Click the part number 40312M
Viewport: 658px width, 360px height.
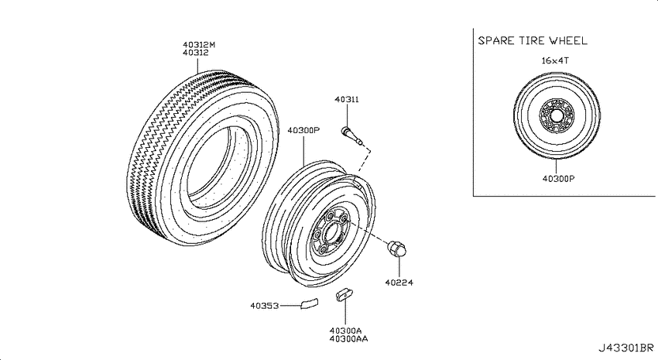coord(199,44)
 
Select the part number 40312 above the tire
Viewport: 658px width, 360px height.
coord(196,53)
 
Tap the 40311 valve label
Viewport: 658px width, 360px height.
coord(347,99)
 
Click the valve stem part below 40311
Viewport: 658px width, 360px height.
coord(352,136)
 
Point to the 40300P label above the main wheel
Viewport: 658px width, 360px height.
coord(303,131)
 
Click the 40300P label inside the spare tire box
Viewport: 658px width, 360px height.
coord(559,179)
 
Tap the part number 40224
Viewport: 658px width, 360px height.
coord(399,283)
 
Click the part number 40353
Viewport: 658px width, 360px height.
coord(265,306)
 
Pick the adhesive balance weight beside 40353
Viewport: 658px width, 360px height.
coord(310,303)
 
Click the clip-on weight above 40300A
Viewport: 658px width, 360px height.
coord(344,295)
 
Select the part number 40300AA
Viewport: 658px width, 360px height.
coord(348,338)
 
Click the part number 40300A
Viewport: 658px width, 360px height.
coord(346,331)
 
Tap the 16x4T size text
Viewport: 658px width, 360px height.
coord(555,61)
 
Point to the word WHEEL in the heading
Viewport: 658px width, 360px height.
coord(569,41)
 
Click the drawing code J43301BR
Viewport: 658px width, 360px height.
coord(625,348)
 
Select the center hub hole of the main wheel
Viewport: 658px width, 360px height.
coord(333,233)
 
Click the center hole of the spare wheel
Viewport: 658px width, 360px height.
coord(557,115)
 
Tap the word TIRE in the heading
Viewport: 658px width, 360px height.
coord(532,41)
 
